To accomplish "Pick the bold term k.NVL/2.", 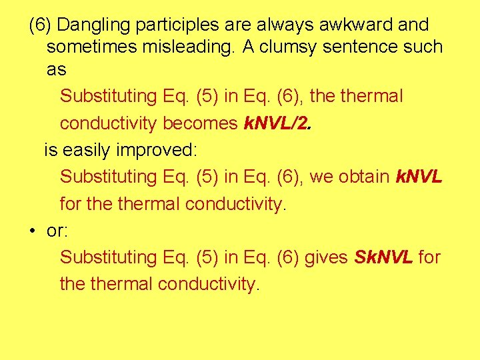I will pos(277,123).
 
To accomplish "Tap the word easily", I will pos(87,150).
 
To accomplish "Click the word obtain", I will pos(364,177).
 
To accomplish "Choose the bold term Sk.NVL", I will pos(384,257).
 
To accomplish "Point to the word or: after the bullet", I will pos(56,231).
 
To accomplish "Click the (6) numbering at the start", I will pos(40,25).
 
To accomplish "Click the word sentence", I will pos(352,47).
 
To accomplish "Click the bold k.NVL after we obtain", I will pos(419,177).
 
